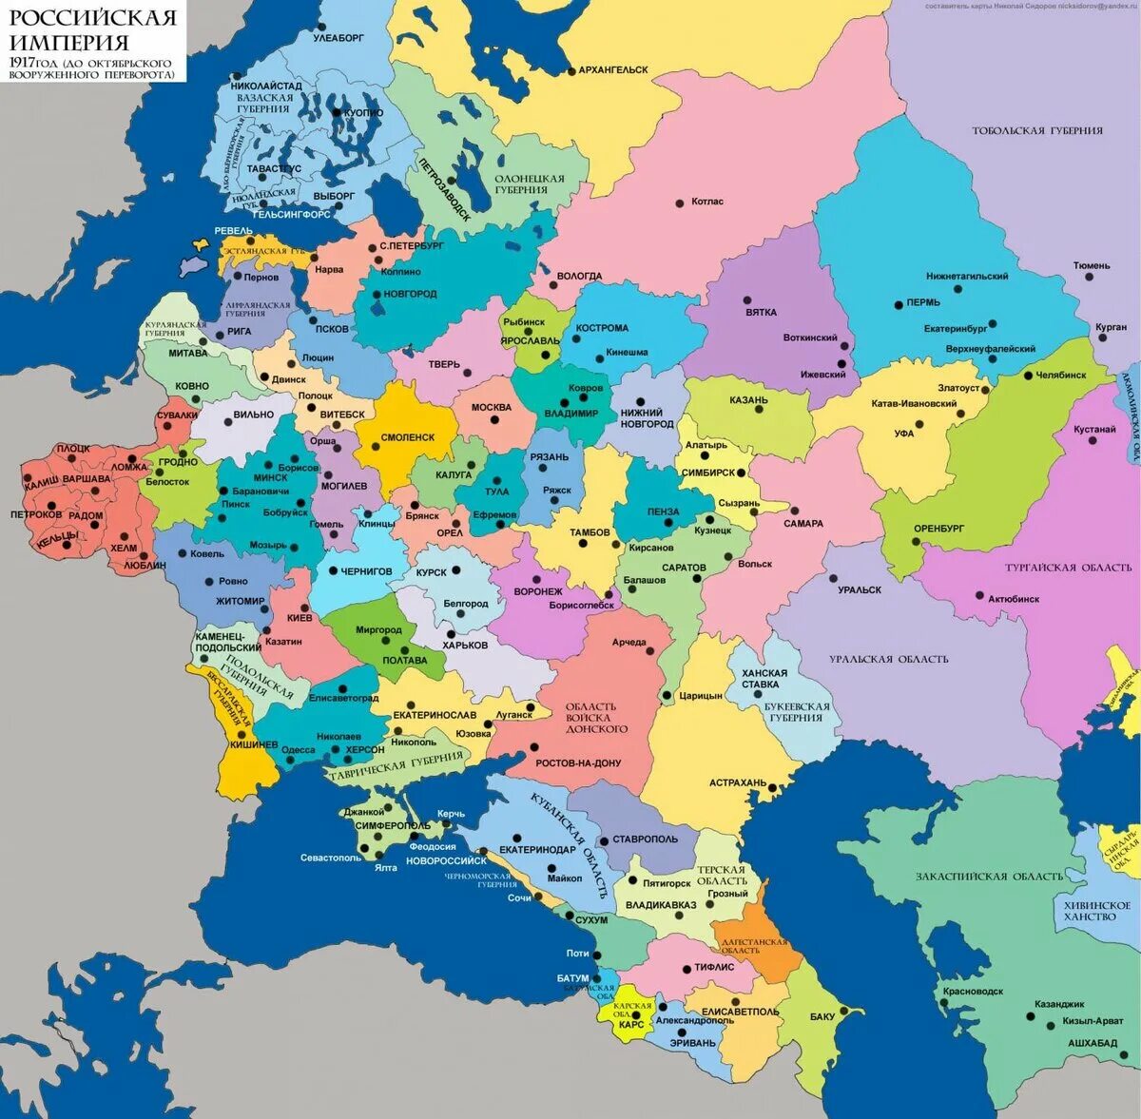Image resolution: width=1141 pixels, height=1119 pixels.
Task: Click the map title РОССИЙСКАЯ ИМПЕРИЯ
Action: [92, 30]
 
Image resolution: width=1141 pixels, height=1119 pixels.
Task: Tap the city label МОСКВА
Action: [492, 408]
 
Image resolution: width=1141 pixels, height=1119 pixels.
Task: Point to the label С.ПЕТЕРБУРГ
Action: [412, 245]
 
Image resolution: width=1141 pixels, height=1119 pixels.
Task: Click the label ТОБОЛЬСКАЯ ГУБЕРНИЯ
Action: [1037, 130]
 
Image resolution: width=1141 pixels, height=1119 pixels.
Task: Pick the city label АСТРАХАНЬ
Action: [737, 783]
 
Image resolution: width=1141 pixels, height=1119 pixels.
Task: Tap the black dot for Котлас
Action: [679, 203]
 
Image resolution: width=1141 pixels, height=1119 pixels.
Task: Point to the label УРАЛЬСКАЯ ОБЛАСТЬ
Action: [888, 660]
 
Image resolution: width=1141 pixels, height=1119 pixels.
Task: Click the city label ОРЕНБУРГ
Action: [938, 528]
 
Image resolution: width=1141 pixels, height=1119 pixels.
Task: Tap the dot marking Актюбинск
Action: [979, 596]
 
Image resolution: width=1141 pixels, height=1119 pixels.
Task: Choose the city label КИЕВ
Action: [299, 617]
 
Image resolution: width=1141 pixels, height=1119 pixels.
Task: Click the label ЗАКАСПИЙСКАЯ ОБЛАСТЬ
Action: [990, 877]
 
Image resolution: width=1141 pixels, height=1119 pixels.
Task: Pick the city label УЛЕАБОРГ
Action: [338, 38]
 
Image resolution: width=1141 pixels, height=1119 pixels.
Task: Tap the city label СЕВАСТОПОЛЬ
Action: [330, 858]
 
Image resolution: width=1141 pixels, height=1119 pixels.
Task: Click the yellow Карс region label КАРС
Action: [630, 1025]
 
